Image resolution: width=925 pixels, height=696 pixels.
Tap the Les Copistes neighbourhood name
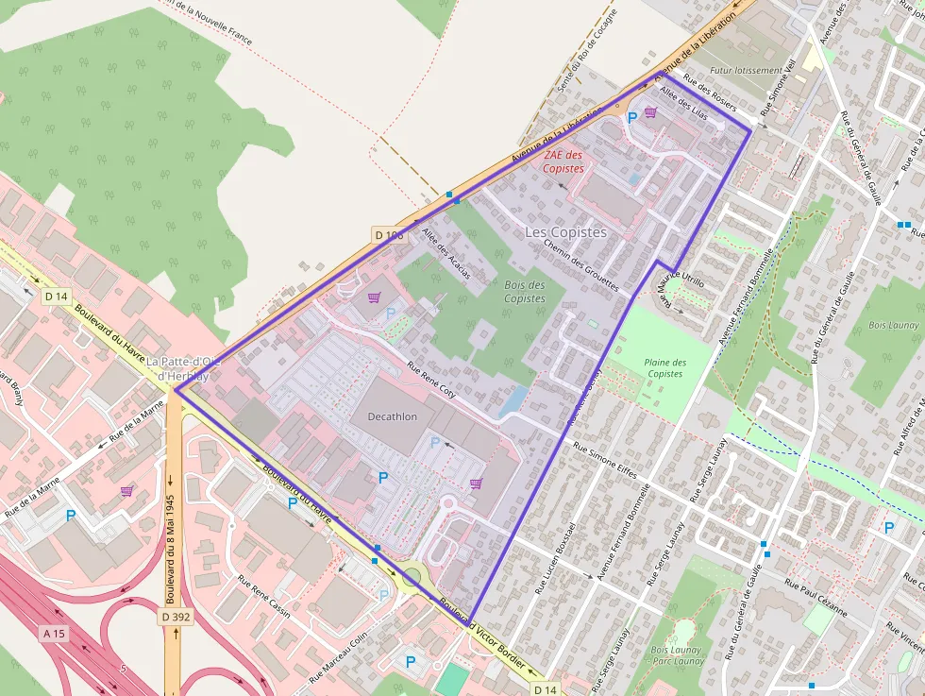(565, 231)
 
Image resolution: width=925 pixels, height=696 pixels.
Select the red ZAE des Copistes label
(563, 161)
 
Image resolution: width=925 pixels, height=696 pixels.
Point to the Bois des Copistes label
(524, 292)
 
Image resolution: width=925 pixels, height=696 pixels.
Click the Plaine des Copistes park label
(664, 368)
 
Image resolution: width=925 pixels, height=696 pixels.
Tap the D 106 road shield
(389, 234)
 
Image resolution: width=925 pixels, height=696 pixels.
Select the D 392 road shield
(176, 617)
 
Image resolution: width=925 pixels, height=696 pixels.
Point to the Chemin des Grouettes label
(580, 263)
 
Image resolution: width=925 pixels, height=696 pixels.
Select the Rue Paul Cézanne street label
(814, 597)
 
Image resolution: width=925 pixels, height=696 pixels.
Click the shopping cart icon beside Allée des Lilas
(650, 111)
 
